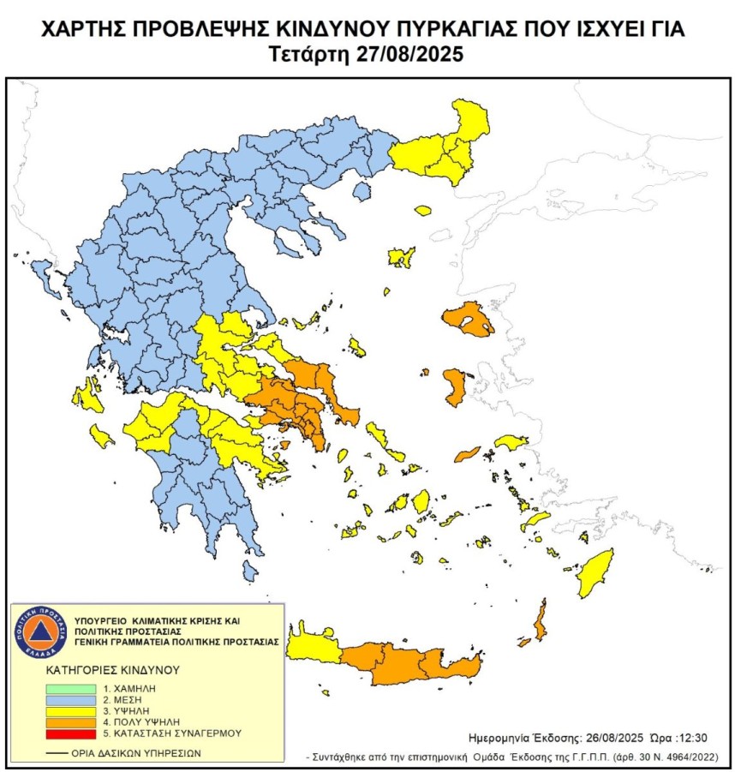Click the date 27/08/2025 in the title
pyautogui.click(x=408, y=55)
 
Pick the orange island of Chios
pyautogui.click(x=454, y=386)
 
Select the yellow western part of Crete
pyautogui.click(x=313, y=647)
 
